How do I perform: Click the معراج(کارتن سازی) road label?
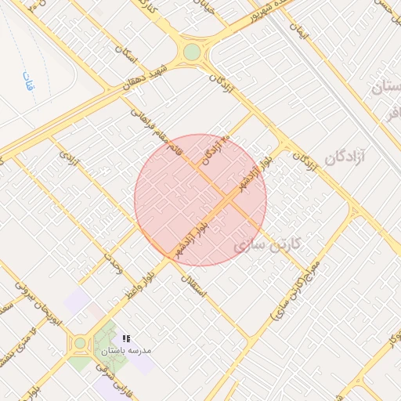[294, 291]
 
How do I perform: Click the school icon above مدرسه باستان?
[126, 339]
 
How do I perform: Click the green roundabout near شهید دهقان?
[192, 52]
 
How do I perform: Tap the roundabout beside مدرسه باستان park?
[79, 343]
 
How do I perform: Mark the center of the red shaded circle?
[200, 200]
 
